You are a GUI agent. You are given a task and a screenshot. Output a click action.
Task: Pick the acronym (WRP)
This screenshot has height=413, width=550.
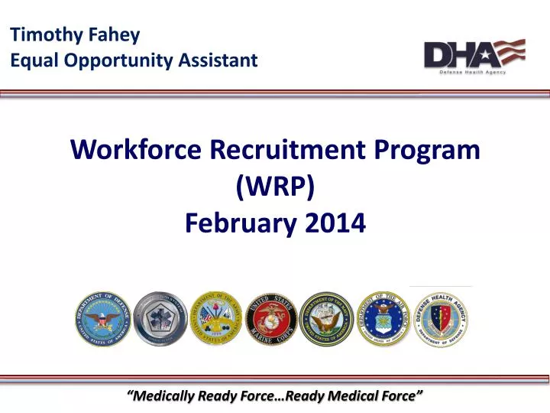(x=275, y=186)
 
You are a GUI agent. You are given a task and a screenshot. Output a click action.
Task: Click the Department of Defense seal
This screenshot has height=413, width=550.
(x=103, y=317)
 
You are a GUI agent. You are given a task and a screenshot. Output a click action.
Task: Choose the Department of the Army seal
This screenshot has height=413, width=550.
(x=215, y=317)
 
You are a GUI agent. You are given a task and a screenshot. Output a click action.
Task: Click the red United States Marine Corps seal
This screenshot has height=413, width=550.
(x=270, y=317)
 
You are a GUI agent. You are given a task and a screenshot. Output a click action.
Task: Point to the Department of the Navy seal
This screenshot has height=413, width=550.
(x=326, y=317)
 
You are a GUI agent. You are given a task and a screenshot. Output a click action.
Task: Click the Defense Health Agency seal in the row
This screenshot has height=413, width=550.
(x=440, y=317)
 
